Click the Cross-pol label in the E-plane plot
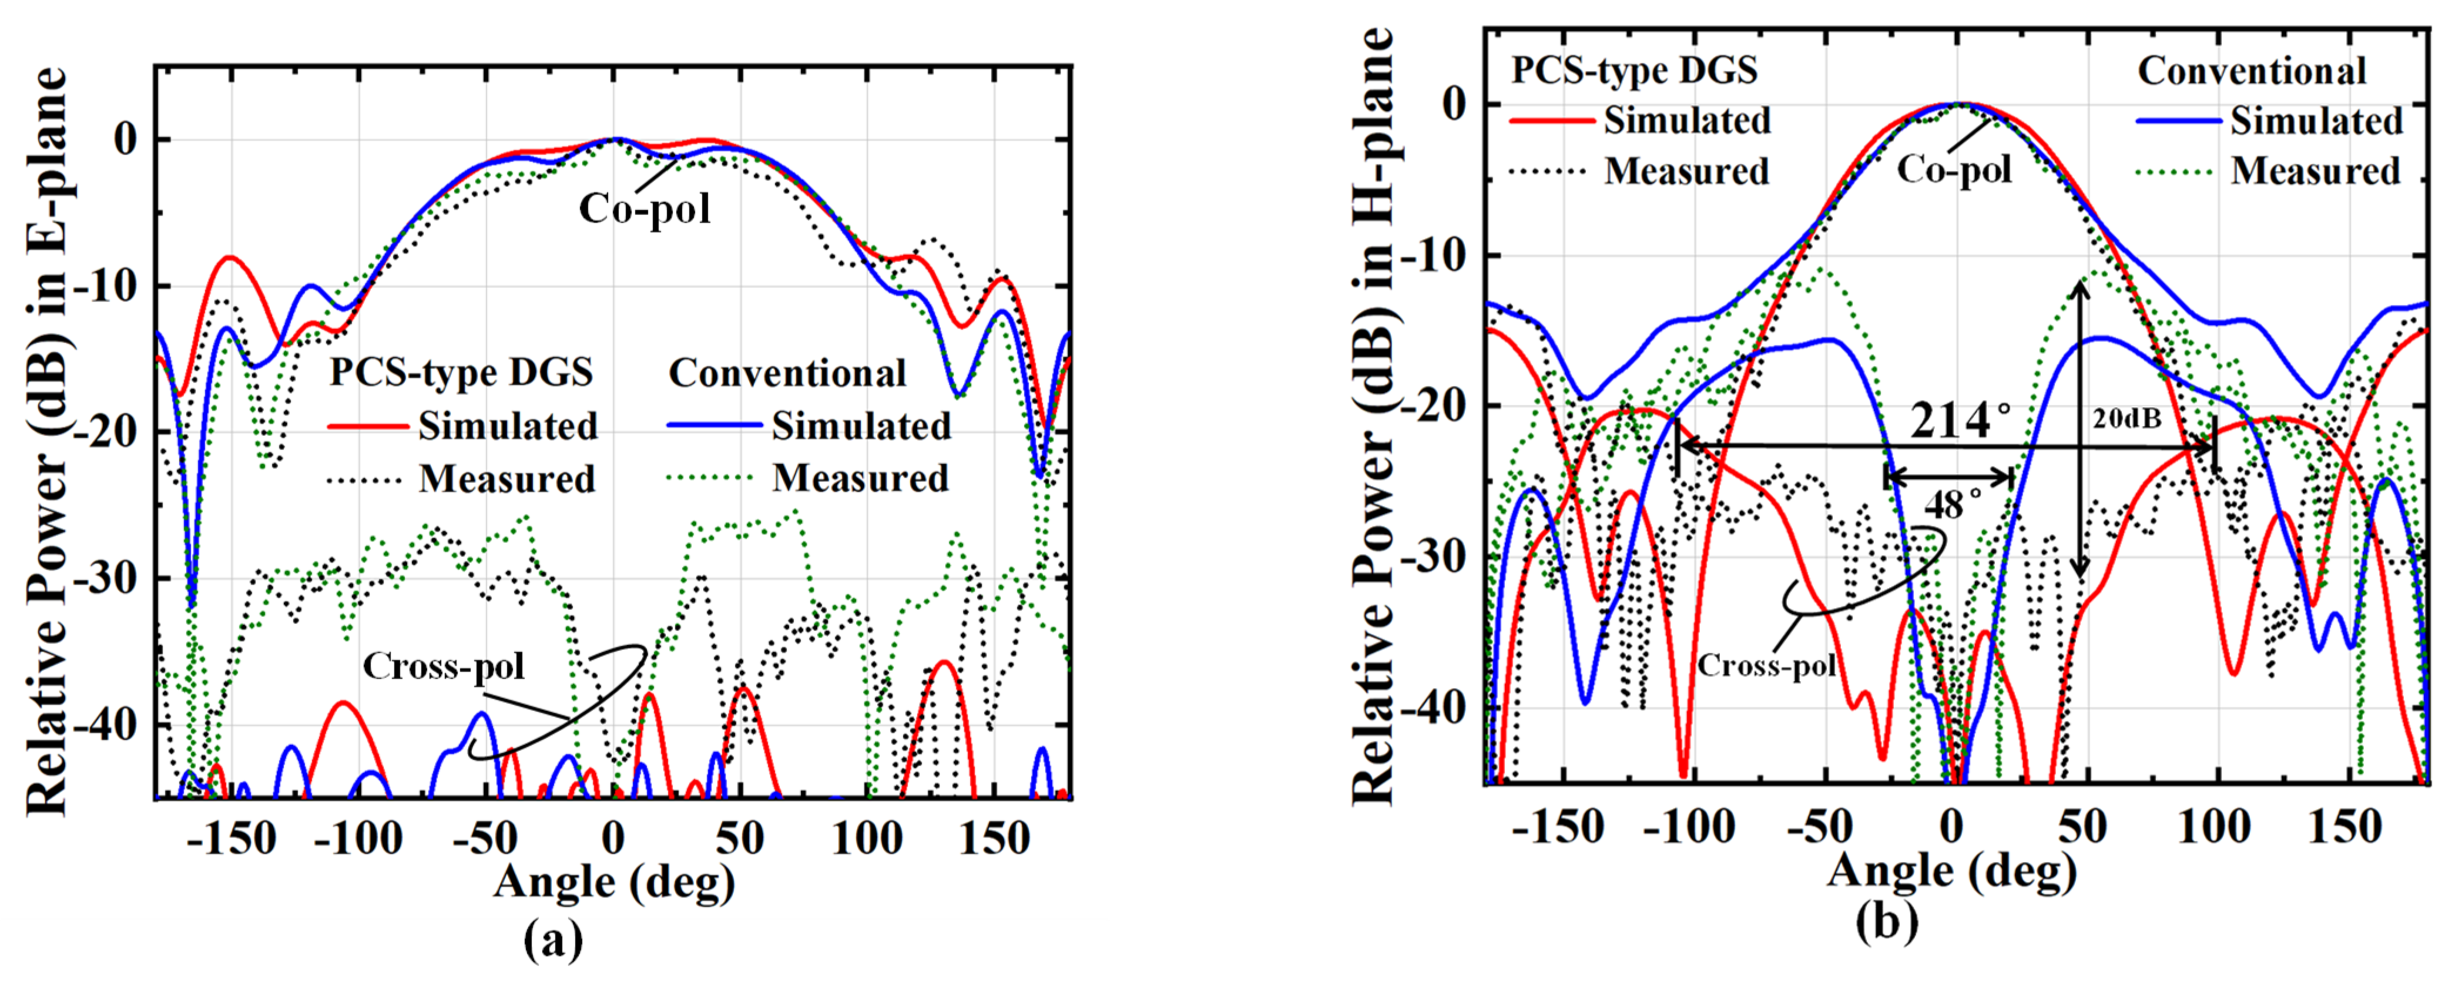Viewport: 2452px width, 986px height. click(444, 666)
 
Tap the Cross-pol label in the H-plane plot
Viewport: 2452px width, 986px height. click(1767, 665)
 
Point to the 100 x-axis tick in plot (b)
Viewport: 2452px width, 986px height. click(2214, 827)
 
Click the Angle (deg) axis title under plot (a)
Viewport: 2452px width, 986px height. click(614, 882)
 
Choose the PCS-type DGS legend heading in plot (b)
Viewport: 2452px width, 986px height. click(1634, 71)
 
